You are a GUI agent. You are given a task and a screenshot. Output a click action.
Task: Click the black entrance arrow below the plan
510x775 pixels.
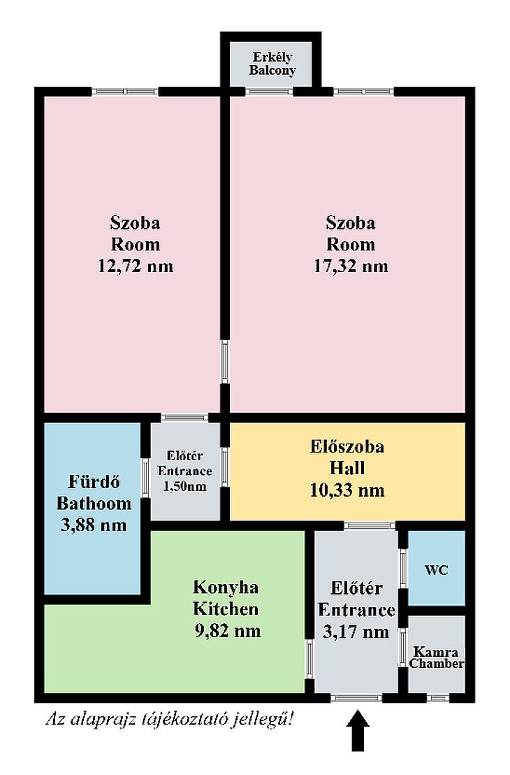coord(358,730)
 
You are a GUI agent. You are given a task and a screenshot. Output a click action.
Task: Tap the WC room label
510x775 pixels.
coord(437,570)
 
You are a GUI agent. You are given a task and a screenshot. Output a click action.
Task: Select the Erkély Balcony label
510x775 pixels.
coord(272,64)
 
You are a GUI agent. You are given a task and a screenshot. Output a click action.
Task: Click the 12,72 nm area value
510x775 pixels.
coord(136,266)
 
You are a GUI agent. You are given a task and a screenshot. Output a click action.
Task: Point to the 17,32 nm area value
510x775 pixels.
coord(351,266)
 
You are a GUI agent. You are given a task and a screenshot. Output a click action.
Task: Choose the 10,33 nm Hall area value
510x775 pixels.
coord(347,490)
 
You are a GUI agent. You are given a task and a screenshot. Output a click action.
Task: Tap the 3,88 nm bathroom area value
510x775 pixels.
coord(94,525)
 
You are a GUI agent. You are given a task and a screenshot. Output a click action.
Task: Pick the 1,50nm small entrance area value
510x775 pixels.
coord(184,486)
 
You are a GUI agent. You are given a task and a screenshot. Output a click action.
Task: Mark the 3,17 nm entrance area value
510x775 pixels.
coord(356,632)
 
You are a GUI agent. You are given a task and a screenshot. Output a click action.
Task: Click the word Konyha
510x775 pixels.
coord(226,587)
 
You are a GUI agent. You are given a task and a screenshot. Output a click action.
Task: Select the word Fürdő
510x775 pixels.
coord(94,481)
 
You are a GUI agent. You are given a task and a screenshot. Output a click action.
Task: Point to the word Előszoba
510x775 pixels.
coord(347,447)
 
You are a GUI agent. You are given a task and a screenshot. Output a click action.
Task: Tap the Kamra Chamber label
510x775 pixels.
coord(437,658)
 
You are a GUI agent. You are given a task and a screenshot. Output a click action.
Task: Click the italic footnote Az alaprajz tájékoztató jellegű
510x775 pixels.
coord(170,718)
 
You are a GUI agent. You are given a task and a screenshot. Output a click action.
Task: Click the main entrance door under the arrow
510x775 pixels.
coord(356,698)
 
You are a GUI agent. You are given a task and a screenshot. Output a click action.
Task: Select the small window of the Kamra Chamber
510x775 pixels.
coord(437,698)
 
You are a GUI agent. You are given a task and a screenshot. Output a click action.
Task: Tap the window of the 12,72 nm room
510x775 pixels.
coord(125,92)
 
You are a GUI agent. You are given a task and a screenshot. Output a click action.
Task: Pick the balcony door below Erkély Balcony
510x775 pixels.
coord(269,92)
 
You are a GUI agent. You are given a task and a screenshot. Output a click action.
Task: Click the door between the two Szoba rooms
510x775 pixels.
coord(225,362)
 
